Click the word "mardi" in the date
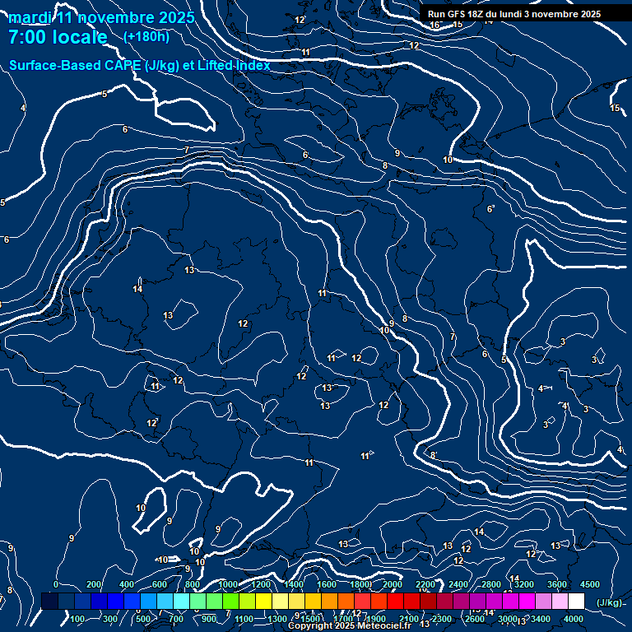point(29,17)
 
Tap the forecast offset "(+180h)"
point(146,36)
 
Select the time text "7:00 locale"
point(58,37)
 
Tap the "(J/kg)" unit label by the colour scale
point(608,602)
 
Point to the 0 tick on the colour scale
point(56,584)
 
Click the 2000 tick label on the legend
point(392,584)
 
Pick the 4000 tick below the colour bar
point(574,619)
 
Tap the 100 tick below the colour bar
point(78,619)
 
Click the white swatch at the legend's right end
point(576,602)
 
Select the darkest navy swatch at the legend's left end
point(49,602)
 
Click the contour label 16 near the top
point(434,25)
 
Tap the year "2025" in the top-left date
point(174,17)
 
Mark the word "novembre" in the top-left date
point(111,17)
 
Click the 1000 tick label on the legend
point(228,584)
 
